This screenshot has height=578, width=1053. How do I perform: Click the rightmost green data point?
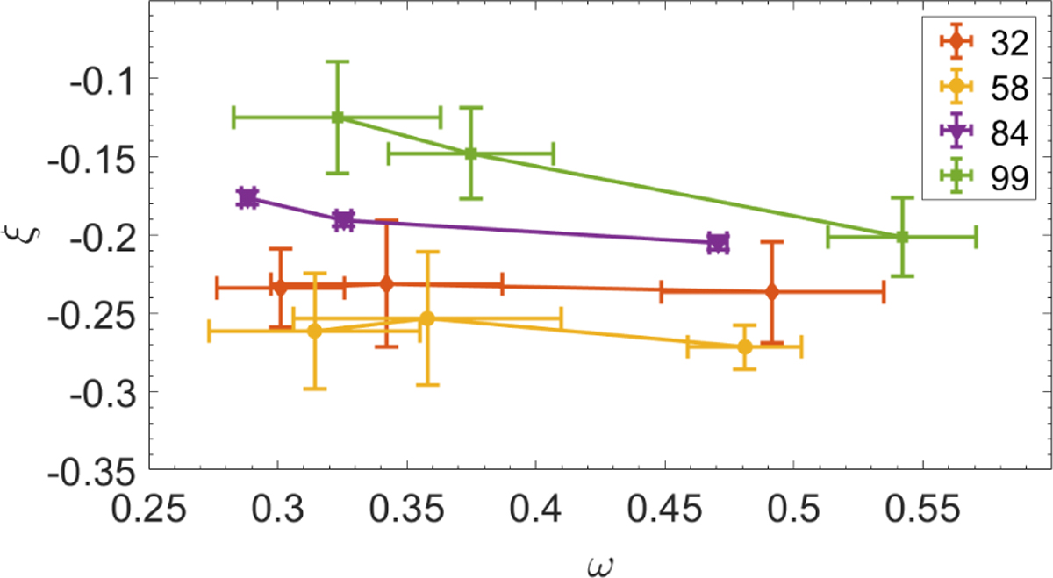click(902, 237)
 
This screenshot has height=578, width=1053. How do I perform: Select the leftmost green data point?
click(337, 118)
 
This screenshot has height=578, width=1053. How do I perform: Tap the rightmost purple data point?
click(718, 243)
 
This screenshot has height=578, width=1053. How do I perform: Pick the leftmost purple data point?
click(247, 197)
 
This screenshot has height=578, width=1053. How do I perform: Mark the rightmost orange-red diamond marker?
click(771, 292)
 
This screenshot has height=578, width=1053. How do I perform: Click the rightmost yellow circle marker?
click(744, 346)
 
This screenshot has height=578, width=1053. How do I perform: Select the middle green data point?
click(471, 153)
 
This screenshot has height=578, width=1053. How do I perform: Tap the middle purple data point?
click(343, 220)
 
